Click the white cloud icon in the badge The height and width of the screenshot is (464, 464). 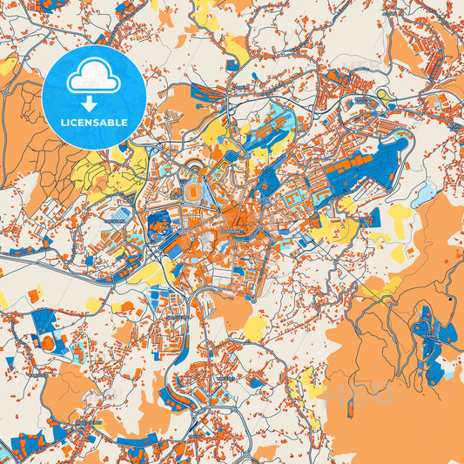coord(92,77)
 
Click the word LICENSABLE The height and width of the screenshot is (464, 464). coord(92,122)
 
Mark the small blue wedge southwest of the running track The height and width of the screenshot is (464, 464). coord(10,362)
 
